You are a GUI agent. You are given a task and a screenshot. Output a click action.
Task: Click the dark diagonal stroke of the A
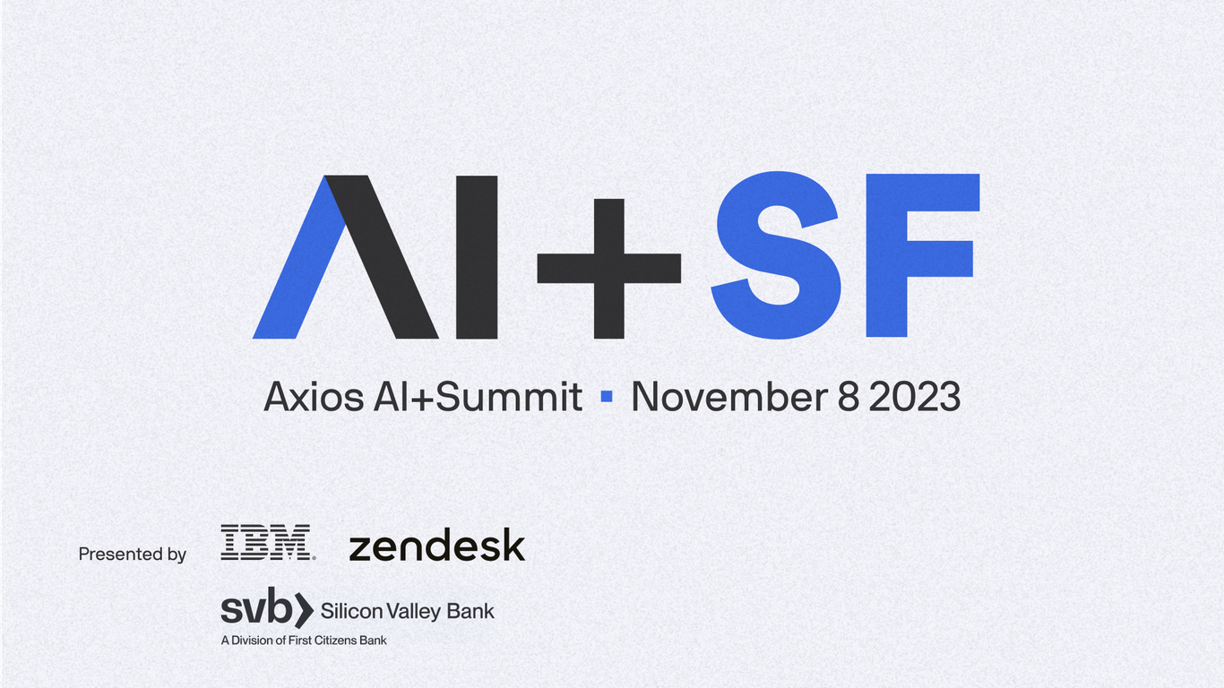[381, 260]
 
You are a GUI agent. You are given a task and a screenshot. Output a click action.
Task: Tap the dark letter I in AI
[477, 257]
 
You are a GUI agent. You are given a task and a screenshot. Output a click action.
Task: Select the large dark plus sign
[608, 268]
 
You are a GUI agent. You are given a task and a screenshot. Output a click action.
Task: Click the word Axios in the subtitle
[313, 397]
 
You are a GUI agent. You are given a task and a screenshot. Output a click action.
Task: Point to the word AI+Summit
[478, 397]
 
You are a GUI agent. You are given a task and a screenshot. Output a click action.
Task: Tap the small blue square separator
[607, 395]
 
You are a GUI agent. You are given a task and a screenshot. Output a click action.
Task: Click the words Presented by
[133, 555]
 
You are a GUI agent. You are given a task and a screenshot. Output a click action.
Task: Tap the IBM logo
[266, 543]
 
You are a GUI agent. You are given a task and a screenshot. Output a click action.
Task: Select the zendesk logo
[436, 546]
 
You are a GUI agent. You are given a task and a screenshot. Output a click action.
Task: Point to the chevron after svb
[304, 611]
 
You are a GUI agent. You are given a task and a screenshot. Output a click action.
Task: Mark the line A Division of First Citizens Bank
[304, 641]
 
